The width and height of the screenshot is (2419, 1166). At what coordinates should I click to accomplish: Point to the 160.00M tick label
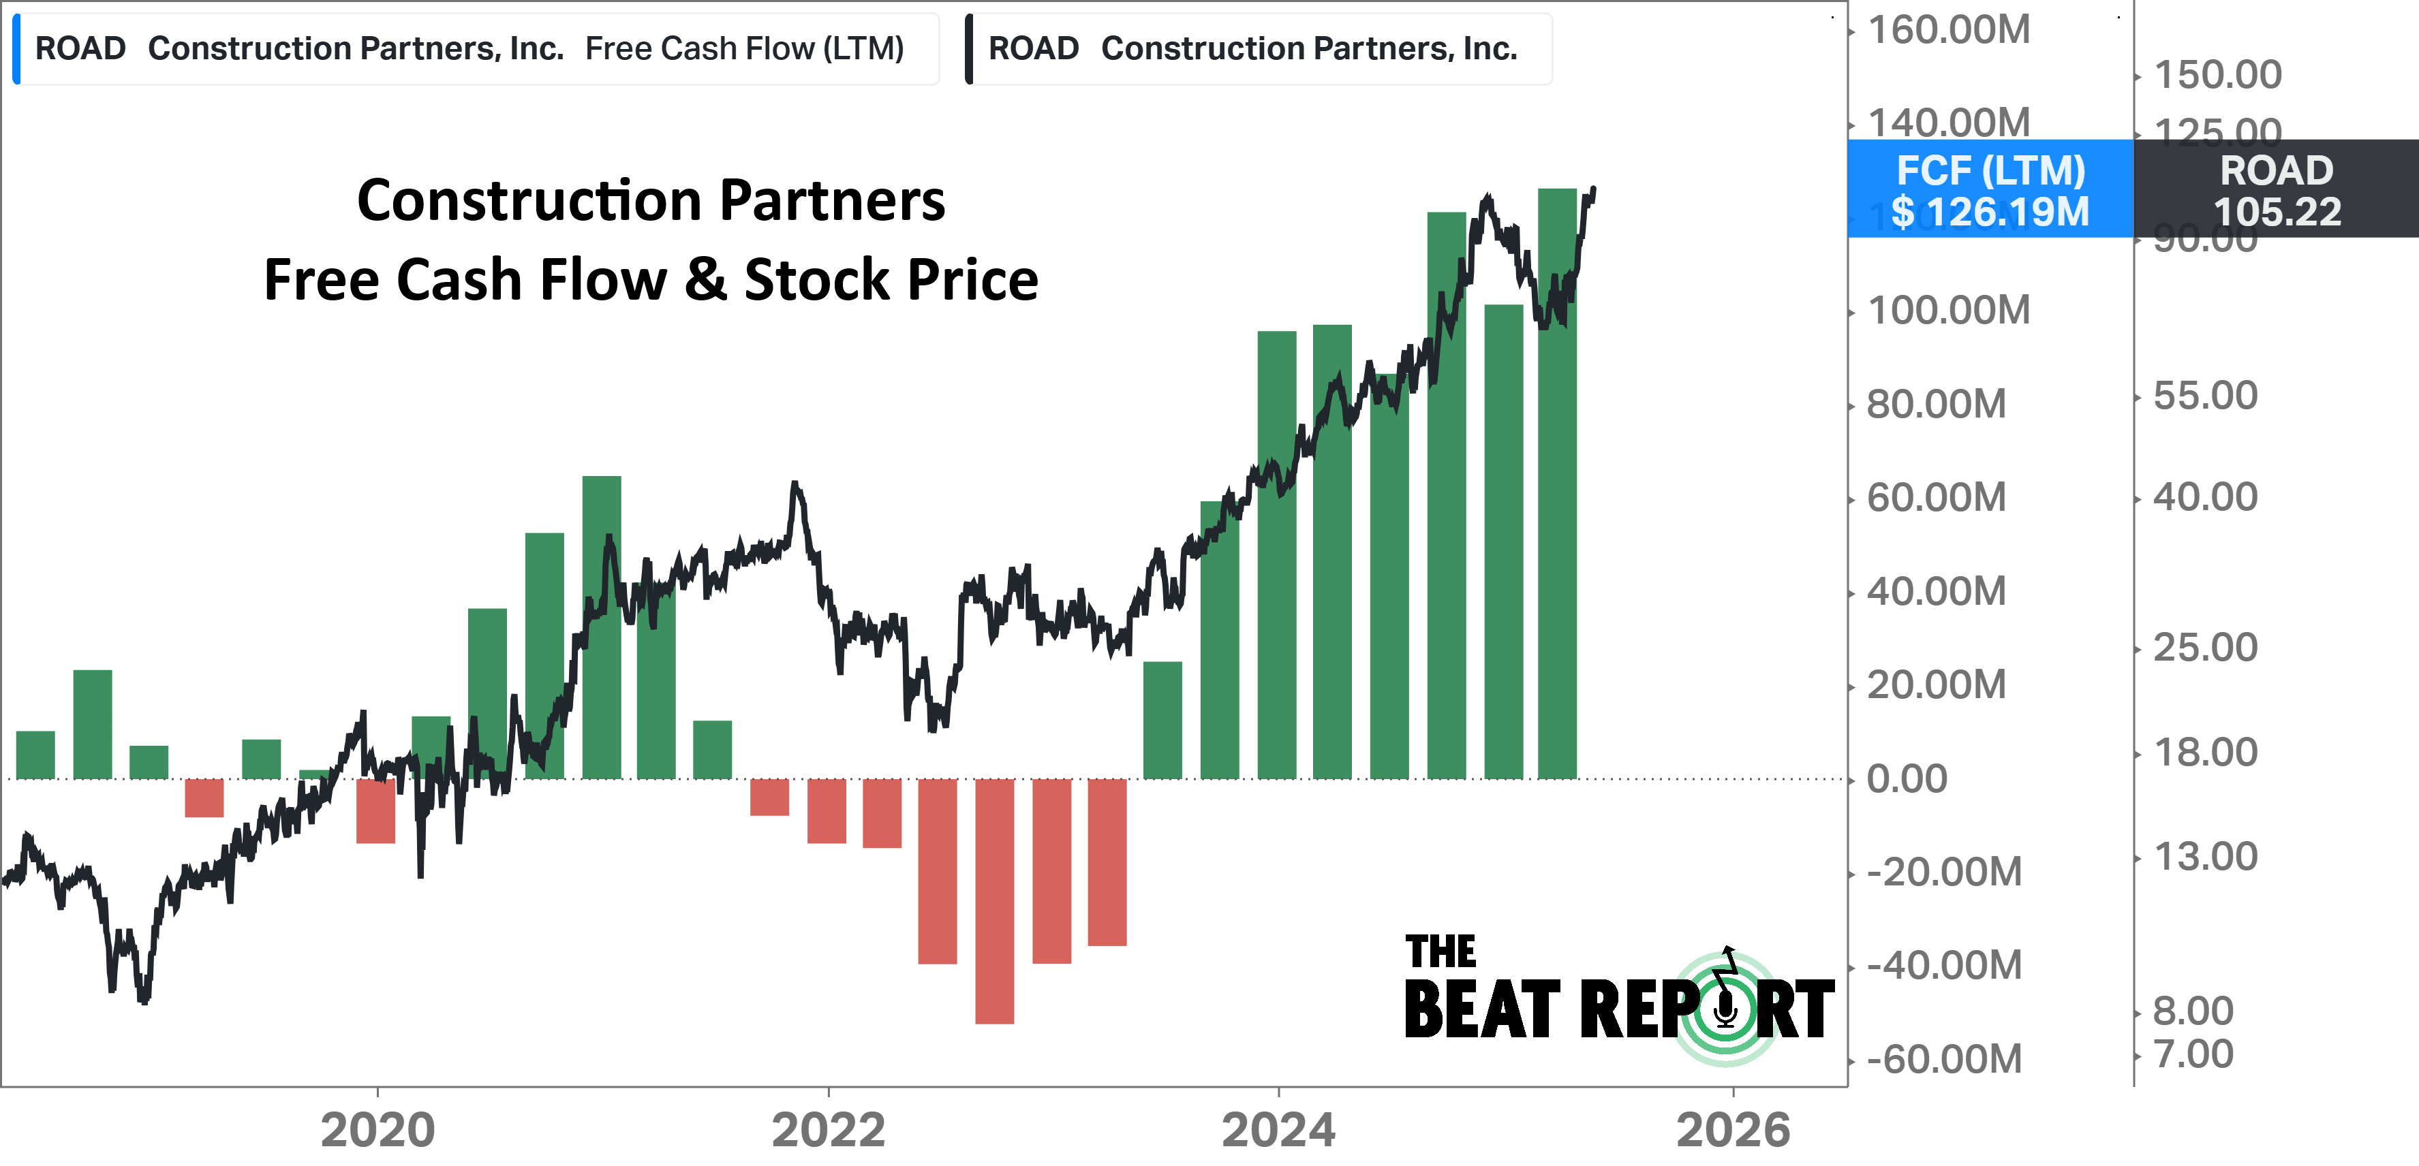click(1949, 30)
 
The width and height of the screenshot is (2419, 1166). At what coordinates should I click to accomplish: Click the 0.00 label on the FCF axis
click(1907, 778)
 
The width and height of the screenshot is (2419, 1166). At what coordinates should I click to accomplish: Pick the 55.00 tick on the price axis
click(2205, 395)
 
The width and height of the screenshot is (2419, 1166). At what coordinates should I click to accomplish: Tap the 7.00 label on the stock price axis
click(2193, 1054)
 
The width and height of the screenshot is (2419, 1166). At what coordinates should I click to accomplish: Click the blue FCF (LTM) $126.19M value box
click(1990, 189)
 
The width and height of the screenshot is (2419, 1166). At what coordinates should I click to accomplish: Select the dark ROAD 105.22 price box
click(2277, 189)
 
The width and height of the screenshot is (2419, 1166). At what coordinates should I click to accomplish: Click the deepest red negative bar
click(994, 901)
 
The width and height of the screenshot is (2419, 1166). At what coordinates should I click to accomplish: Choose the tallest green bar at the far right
click(1557, 484)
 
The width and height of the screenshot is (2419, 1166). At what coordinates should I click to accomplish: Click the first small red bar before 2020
click(204, 798)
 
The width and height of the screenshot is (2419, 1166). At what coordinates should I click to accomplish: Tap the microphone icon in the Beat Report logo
click(1725, 1009)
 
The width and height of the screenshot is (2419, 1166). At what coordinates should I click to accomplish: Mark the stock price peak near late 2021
click(795, 484)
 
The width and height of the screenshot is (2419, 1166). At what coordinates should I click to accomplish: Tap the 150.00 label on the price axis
click(2217, 75)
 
